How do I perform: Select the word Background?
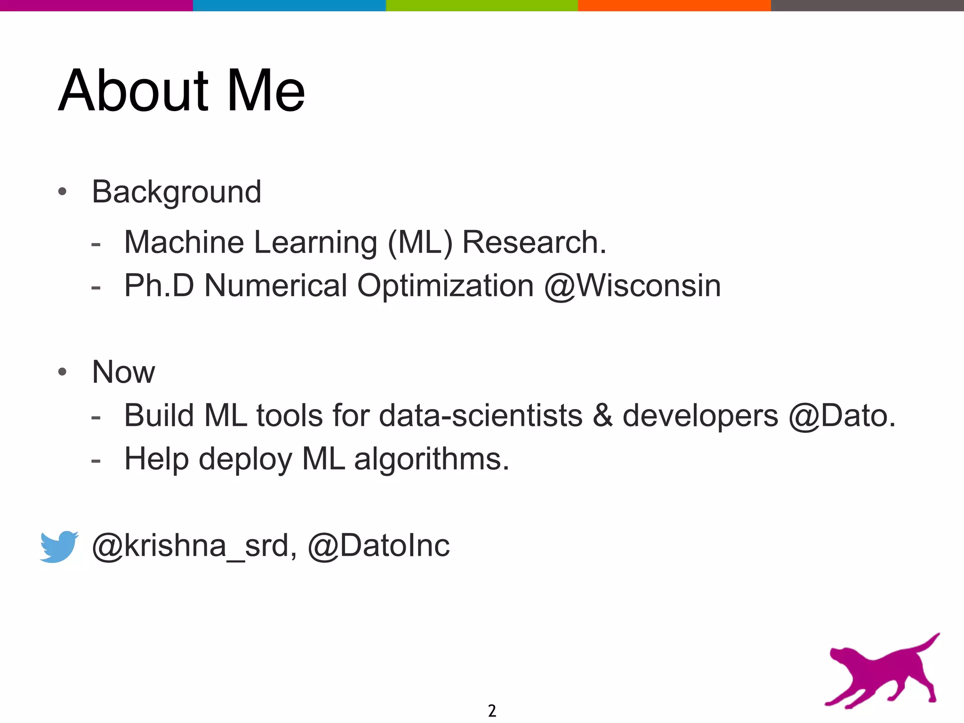pos(177,193)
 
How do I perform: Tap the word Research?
pos(534,243)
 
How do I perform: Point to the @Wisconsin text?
pos(632,286)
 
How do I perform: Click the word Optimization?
pos(445,286)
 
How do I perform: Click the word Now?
pos(123,372)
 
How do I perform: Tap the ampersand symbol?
pos(602,416)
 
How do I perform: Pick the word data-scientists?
pos(481,416)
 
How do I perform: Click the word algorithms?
pos(431,459)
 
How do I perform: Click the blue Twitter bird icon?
pos(59,546)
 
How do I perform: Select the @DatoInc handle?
pos(378,546)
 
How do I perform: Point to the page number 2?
pos(492,710)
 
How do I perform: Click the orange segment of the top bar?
pos(674,5)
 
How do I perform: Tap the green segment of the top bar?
pos(482,5)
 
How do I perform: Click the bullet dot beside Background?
pos(62,192)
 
